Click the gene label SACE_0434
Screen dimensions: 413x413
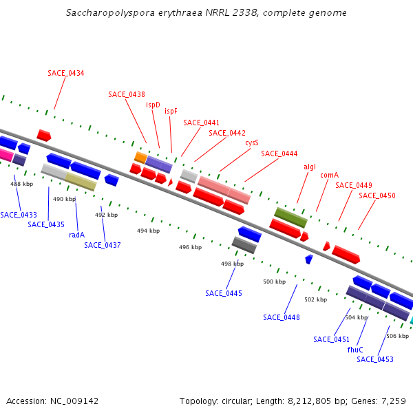click(66, 73)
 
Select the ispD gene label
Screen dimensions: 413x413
click(153, 105)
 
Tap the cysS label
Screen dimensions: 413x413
click(252, 143)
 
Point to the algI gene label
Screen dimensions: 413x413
click(310, 167)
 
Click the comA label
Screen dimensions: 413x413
click(329, 175)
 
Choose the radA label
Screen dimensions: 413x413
click(76, 235)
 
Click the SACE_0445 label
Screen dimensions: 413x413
click(224, 293)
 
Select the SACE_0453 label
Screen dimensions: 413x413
click(375, 359)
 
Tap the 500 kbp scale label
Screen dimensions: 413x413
click(275, 282)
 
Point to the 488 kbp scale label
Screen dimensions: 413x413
click(21, 184)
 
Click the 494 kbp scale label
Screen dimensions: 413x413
click(148, 231)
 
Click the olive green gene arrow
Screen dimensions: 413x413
click(290, 218)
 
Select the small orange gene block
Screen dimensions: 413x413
click(140, 158)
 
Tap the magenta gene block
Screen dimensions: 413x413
click(5, 155)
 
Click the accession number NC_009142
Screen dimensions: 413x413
click(52, 401)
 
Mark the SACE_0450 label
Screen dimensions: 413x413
click(377, 195)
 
